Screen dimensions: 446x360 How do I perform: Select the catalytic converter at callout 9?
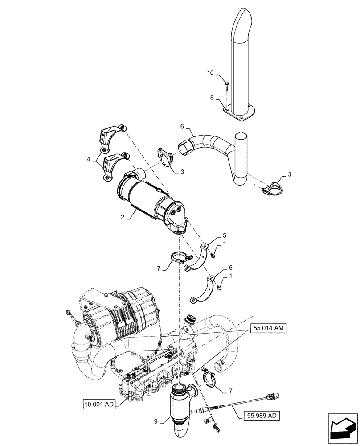coord(182,406)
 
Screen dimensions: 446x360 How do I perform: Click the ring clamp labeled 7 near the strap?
coord(180,258)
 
